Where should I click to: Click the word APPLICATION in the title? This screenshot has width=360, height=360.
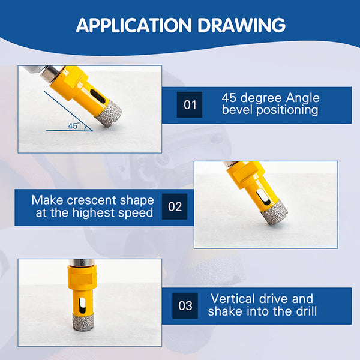pos(134,25)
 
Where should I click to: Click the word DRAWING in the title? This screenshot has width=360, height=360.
pos(242,25)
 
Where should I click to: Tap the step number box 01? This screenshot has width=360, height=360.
pos(190,104)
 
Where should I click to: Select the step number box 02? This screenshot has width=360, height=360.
pos(175,206)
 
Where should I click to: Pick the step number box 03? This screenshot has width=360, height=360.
pos(185,305)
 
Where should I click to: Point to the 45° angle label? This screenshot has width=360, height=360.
pos(74,125)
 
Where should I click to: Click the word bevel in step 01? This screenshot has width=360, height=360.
pos(238,110)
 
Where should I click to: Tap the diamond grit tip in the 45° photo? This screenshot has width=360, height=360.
pos(109,113)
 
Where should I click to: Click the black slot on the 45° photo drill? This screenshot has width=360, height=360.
pos(98,96)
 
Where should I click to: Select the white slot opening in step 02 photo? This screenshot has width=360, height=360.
pos(262,197)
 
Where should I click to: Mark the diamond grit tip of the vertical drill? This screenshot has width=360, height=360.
pos(83,322)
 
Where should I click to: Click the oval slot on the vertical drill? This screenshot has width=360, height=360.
pos(82,305)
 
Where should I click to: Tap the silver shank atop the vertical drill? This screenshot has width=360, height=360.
pos(82,263)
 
